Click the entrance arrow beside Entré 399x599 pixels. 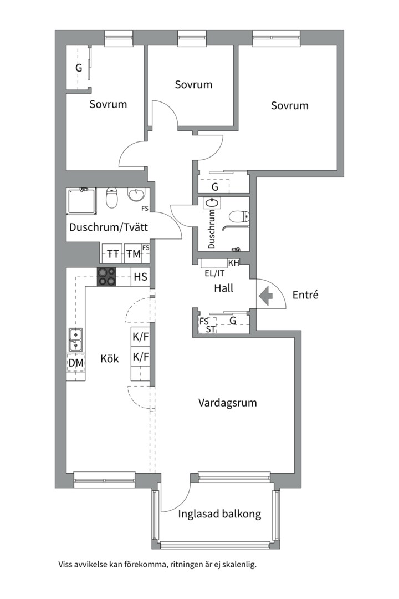pos(267,296)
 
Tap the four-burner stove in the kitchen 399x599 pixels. pos(107,276)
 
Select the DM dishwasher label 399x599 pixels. pos(76,363)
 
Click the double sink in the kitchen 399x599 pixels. pos(76,339)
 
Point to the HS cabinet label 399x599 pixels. pos(140,277)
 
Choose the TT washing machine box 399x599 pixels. pos(113,254)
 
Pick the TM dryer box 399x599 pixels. pos(132,254)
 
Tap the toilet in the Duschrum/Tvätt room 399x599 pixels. pos(112,197)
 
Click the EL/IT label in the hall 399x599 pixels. pos(214,273)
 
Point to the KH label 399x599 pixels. pos(233,263)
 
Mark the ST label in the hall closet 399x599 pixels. pos(210,329)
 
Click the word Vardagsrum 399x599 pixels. pos(228,403)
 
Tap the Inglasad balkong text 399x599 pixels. pos(219,514)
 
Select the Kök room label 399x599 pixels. pos(110,358)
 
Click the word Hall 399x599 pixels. pos(223,288)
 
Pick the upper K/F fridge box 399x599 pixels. pos(140,337)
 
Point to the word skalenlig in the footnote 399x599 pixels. pos(239,565)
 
